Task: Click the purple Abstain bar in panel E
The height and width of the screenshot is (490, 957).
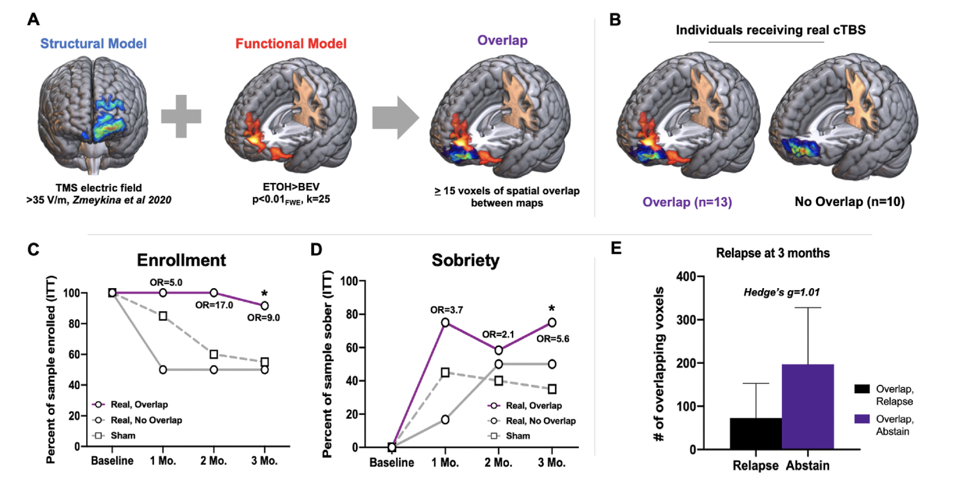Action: click(808, 406)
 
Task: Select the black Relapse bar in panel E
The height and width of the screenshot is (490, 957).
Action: click(756, 433)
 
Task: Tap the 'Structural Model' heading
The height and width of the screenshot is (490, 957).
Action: click(94, 44)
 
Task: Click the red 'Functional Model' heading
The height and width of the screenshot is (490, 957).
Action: click(291, 44)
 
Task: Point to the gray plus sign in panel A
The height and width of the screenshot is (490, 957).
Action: click(181, 116)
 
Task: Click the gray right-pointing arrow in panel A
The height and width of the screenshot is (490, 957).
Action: click(395, 117)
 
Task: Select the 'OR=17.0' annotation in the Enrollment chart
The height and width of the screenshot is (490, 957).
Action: click(214, 305)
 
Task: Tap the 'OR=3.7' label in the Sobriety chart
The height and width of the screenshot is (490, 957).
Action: click(446, 310)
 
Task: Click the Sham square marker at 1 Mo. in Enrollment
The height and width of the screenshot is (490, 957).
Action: click(163, 316)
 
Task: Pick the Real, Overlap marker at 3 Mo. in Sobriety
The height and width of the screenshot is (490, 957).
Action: click(552, 322)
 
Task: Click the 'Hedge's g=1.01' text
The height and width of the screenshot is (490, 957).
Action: click(781, 292)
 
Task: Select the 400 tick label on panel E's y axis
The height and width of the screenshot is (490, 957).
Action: click(686, 277)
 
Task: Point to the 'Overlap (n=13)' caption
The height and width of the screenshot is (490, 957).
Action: click(687, 202)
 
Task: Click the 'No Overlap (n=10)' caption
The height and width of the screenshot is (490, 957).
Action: click(849, 201)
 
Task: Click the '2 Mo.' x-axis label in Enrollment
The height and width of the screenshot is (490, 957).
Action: click(213, 461)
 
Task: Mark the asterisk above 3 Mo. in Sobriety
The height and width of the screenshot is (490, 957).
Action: click(552, 309)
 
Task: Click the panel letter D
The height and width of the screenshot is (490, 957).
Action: click(316, 249)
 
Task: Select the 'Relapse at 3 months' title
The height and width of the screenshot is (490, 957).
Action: click(773, 253)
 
